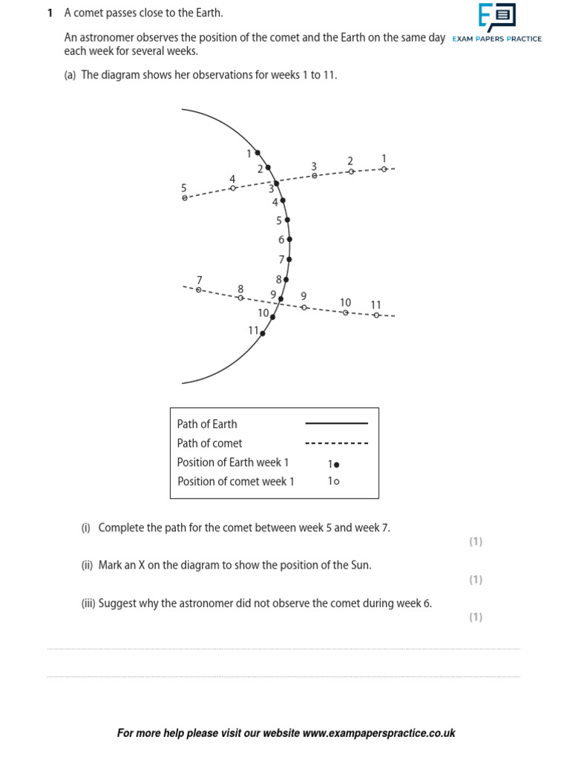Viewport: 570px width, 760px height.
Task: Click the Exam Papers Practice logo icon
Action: [497, 16]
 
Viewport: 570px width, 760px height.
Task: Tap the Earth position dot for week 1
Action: [258, 153]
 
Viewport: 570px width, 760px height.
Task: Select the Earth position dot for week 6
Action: [289, 240]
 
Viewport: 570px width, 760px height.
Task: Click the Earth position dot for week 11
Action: [263, 332]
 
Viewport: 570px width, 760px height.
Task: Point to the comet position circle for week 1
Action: [384, 169]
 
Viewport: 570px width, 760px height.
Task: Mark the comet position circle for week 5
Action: [185, 198]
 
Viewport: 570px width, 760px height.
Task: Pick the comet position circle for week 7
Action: [198, 289]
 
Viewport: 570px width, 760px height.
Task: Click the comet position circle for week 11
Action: [376, 315]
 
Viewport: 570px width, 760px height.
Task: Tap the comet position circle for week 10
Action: [345, 312]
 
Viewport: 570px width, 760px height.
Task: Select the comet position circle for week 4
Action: [233, 188]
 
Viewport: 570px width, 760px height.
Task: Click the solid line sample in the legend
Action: [336, 424]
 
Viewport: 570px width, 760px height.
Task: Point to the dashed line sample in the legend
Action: [336, 443]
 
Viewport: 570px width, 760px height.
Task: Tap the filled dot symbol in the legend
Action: [337, 464]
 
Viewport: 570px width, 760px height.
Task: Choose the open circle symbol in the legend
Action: [337, 482]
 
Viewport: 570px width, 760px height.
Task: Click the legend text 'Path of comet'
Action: [209, 443]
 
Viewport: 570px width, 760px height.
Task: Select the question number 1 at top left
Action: [50, 13]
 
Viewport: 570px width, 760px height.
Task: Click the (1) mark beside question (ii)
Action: [475, 580]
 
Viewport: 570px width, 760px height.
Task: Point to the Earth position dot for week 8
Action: [286, 280]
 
